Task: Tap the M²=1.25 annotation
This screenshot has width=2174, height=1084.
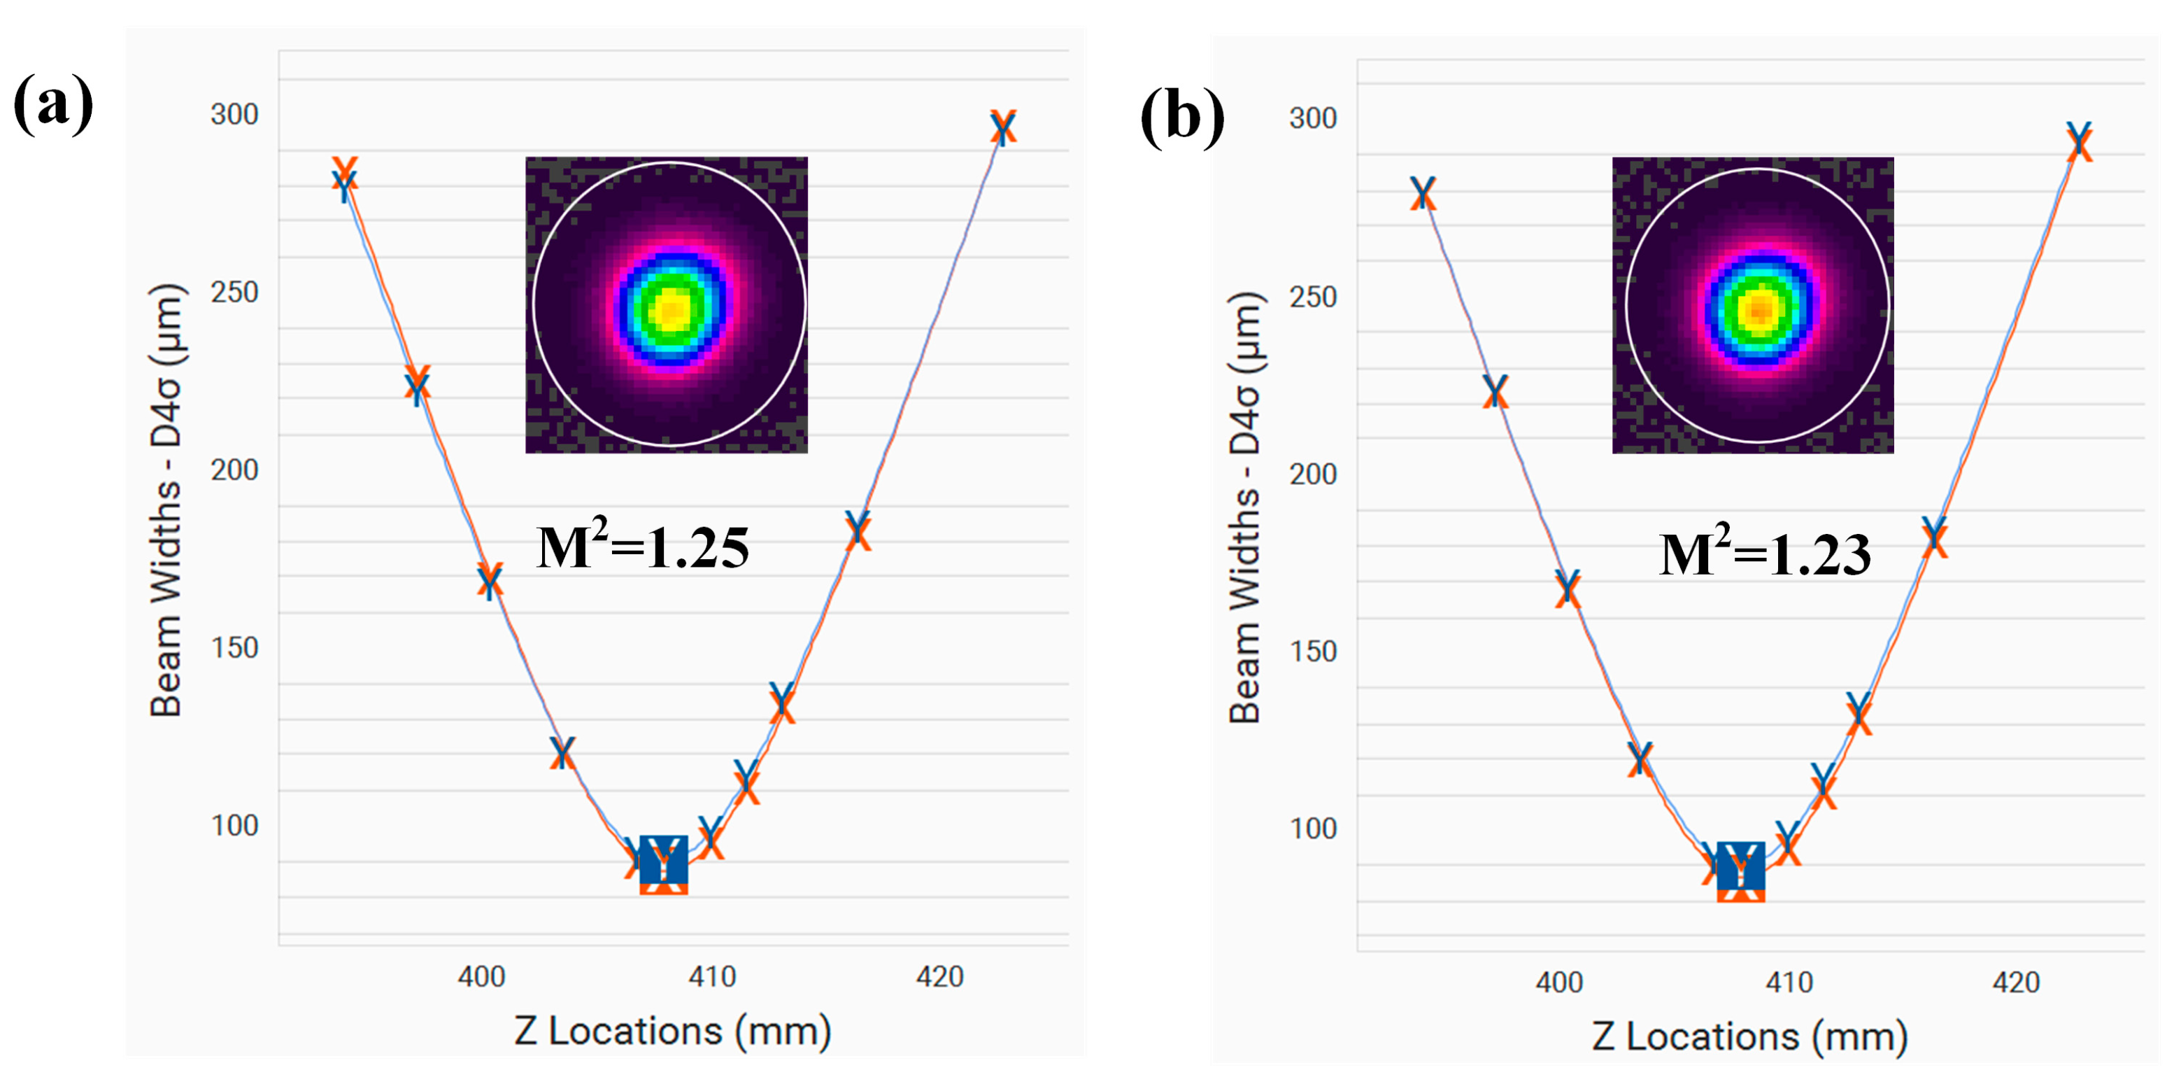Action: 643,547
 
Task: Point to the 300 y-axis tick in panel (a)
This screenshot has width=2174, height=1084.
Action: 234,114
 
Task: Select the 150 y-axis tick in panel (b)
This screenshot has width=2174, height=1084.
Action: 1312,651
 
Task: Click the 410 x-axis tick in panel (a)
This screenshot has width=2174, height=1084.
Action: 711,977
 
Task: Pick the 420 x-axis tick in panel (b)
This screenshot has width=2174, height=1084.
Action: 2015,982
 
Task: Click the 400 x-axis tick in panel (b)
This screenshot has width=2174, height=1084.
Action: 1558,982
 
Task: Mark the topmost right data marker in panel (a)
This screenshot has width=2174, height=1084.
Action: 1002,127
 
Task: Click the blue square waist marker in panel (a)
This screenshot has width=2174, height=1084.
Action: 665,859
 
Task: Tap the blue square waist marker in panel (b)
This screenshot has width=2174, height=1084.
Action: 1740,866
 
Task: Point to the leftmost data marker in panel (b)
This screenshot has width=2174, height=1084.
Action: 1423,193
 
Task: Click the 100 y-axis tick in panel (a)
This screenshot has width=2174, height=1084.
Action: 234,825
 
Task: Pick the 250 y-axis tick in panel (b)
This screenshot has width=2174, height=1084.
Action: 1312,296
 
